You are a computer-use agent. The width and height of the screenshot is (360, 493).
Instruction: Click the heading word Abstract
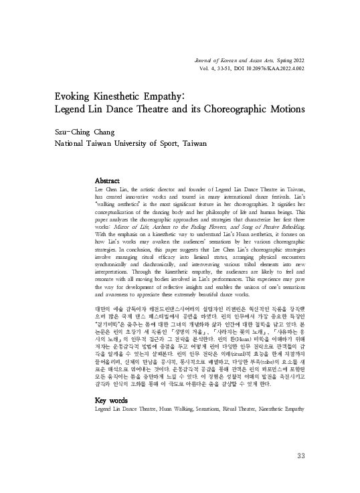pyautogui.click(x=108, y=181)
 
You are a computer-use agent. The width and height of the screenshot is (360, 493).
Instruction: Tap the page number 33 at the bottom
pyautogui.click(x=300, y=456)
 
